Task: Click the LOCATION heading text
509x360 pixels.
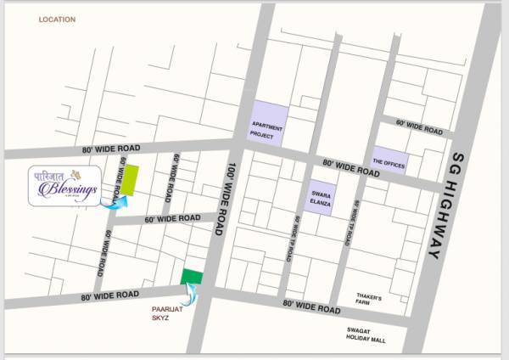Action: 57,19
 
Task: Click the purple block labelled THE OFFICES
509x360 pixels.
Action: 389,160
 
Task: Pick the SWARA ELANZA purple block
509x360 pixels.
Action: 320,197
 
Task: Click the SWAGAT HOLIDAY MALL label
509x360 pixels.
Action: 366,335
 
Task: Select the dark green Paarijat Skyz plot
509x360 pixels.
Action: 192,277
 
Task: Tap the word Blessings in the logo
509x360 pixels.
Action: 74,188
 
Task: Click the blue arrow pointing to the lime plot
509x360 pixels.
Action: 113,201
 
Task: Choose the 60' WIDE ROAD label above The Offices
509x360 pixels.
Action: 419,127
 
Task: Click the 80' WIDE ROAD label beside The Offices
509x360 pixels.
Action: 350,167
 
